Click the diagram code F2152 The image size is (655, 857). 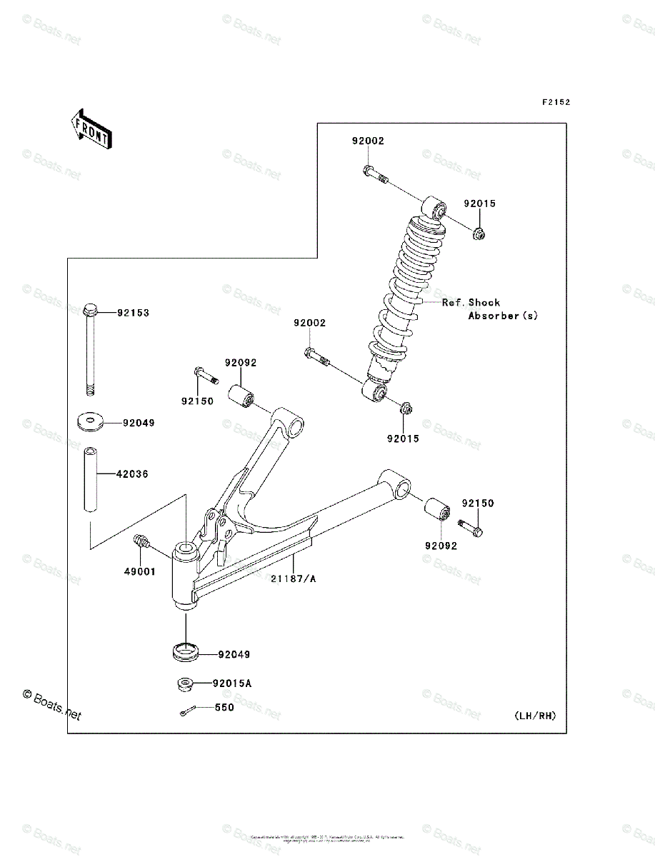coord(555,102)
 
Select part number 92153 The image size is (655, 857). coord(134,313)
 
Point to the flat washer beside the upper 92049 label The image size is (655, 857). coord(90,422)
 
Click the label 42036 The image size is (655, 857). coord(134,473)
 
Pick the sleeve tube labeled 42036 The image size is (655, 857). coord(91,479)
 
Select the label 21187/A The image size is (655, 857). coord(293,579)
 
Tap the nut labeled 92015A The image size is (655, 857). coord(184,684)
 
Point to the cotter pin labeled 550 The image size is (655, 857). coord(188,710)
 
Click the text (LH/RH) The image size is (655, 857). coord(534,716)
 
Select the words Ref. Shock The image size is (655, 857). coord(471,303)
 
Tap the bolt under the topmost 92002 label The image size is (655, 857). coord(374,174)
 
